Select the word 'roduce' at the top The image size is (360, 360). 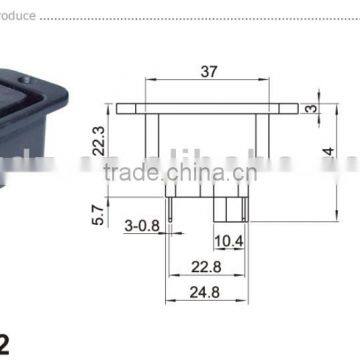coord(19,17)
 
